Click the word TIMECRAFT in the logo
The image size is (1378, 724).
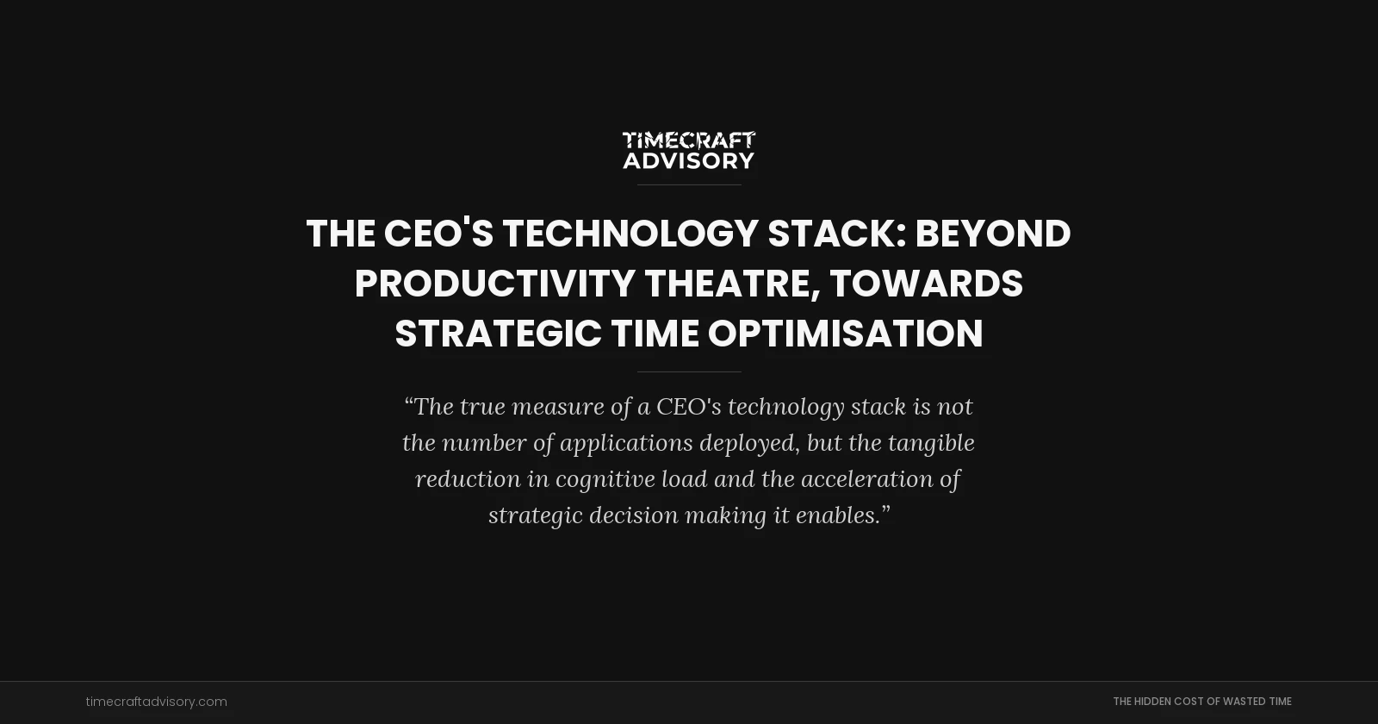tap(689, 140)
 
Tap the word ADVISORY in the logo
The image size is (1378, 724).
tap(689, 160)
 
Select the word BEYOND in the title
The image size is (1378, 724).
tap(993, 234)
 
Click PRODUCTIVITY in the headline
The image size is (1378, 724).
tap(494, 284)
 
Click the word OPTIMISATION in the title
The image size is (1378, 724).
tap(846, 334)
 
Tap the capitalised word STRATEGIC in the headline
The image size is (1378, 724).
tap(498, 334)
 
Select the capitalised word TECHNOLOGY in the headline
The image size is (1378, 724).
tap(630, 234)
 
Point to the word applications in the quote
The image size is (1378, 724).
tap(626, 443)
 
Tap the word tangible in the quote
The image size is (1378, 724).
tap(931, 443)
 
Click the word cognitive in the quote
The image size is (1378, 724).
tap(605, 479)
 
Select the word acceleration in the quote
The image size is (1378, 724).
tap(866, 479)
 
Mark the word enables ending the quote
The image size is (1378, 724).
tap(837, 515)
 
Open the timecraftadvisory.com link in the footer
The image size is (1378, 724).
tap(157, 702)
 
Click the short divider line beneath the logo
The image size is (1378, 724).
tap(689, 184)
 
